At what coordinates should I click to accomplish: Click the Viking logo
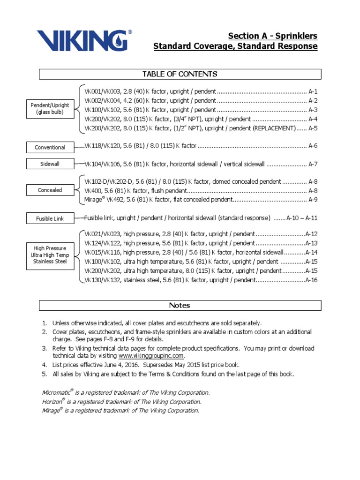(84, 41)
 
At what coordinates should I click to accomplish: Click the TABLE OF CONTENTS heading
(180, 74)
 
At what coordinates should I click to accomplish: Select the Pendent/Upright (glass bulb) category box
(50, 109)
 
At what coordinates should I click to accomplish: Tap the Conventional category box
(50, 147)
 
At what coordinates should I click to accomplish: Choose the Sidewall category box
(50, 164)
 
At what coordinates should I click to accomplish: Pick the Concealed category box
(50, 190)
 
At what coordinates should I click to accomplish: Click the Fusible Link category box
(50, 218)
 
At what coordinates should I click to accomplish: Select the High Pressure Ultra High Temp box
(50, 255)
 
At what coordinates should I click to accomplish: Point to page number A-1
(313, 91)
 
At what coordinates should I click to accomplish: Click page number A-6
(313, 146)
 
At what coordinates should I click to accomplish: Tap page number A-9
(313, 200)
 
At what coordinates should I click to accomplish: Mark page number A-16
(311, 280)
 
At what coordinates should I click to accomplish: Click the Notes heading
(180, 305)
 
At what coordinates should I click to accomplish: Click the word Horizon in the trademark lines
(52, 402)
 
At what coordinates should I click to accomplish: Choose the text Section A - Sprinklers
(272, 36)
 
